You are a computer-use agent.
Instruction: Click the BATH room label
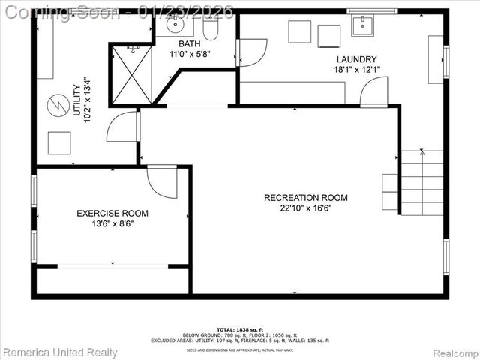click(189, 44)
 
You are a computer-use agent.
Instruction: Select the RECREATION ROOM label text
click(306, 198)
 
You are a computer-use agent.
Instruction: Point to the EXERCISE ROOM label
click(112, 214)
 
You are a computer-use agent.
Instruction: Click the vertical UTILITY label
click(76, 100)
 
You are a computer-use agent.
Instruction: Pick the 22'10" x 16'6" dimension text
click(306, 208)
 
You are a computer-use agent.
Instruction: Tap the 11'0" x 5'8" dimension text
click(189, 55)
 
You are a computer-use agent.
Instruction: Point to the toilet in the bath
click(211, 28)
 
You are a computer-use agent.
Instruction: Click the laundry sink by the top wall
click(363, 25)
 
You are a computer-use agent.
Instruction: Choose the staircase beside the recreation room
click(421, 182)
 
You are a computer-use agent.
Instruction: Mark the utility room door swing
click(123, 127)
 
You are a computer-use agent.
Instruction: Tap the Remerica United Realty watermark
click(60, 352)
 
